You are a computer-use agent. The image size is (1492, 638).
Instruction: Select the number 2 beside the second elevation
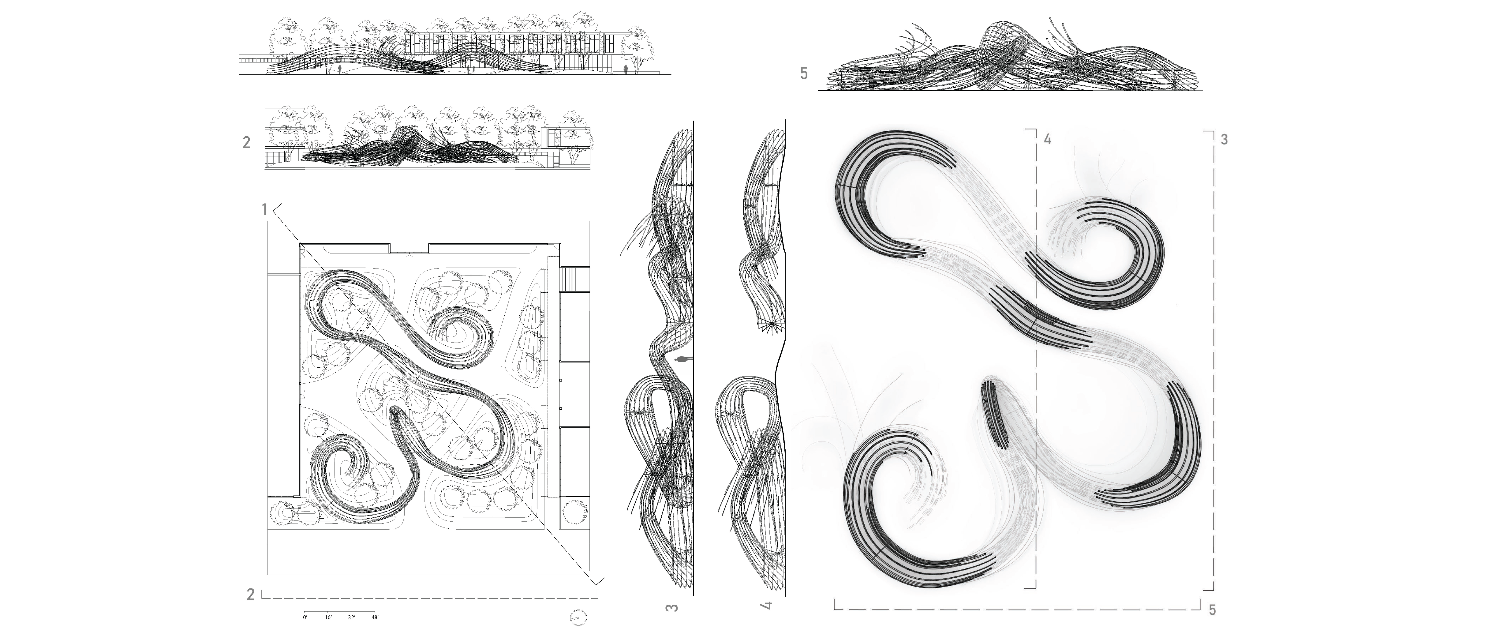[x=247, y=143]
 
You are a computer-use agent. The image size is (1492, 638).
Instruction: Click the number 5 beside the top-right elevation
[x=803, y=73]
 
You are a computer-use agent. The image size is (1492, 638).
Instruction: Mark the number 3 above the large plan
[x=1224, y=140]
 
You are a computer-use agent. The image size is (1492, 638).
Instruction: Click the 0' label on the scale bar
[x=305, y=618]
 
